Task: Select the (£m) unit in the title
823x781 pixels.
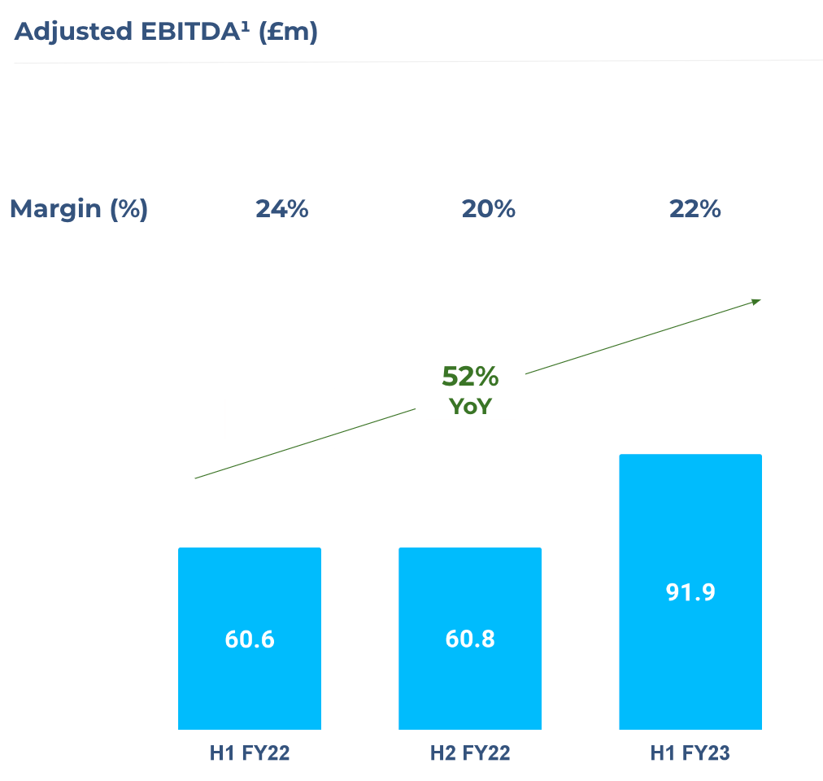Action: pyautogui.click(x=287, y=33)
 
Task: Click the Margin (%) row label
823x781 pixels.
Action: pyautogui.click(x=79, y=209)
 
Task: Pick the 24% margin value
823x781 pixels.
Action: pyautogui.click(x=282, y=209)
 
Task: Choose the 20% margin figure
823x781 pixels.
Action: pyautogui.click(x=489, y=209)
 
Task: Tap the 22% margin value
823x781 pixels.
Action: pyautogui.click(x=695, y=209)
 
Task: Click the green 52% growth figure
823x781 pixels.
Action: pyautogui.click(x=470, y=377)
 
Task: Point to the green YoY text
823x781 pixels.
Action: pyautogui.click(x=470, y=406)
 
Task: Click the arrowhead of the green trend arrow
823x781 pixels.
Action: pyautogui.click(x=756, y=302)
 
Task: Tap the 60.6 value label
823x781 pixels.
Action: pyautogui.click(x=250, y=639)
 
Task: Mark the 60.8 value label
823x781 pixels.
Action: pyautogui.click(x=470, y=639)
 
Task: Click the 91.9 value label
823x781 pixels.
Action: pyautogui.click(x=690, y=592)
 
